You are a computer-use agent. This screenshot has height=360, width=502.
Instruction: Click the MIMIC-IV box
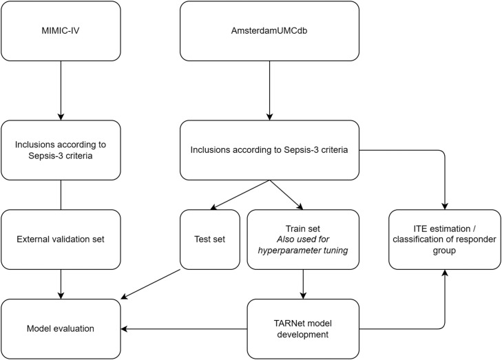[61, 31]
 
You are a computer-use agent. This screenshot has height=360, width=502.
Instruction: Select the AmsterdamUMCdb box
[269, 31]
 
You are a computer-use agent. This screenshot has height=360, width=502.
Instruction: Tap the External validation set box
[61, 240]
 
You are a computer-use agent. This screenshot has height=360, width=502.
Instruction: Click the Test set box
[210, 240]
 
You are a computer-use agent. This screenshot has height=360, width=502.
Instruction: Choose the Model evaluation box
[61, 329]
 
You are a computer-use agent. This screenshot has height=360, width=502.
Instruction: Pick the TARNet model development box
[303, 329]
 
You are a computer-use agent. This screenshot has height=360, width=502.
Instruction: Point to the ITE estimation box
[445, 240]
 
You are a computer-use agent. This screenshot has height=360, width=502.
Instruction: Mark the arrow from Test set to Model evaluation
[151, 284]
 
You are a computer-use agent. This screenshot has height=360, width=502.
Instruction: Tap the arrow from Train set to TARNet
[303, 284]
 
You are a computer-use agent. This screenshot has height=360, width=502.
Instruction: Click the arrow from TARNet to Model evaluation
[184, 329]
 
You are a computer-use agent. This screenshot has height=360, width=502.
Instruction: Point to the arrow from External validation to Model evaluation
[61, 284]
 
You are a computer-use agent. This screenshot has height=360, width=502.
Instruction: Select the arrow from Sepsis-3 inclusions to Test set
[240, 195]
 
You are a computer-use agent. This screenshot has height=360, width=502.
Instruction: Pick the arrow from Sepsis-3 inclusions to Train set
[286, 195]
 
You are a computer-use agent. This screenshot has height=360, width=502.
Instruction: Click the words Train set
[303, 229]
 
